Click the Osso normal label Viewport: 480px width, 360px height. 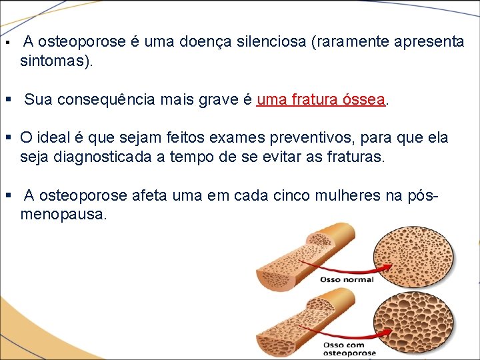tap(347, 279)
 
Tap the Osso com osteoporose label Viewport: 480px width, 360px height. tap(349, 349)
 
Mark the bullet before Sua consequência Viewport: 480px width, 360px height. tap(9, 101)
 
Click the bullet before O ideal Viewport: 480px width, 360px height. tap(9, 139)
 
